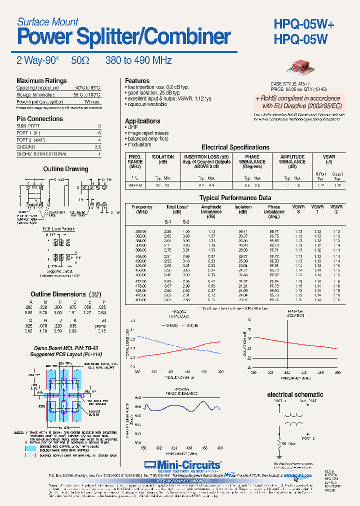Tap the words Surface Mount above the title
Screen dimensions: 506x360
point(47,21)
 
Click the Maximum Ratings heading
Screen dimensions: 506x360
point(41,81)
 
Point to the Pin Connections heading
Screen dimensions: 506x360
point(40,119)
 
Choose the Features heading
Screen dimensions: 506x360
point(137,81)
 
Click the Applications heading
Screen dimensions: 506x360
point(142,121)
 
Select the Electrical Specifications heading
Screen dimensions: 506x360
point(235,147)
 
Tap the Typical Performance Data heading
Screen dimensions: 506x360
point(235,198)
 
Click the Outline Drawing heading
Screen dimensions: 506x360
point(65,169)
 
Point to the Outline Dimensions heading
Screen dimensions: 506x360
point(58,294)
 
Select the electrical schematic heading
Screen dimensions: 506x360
point(295,395)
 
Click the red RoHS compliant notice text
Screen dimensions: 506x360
point(298,102)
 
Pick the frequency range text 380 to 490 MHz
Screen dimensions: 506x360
point(138,60)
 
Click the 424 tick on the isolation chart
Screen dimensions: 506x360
point(287,373)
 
